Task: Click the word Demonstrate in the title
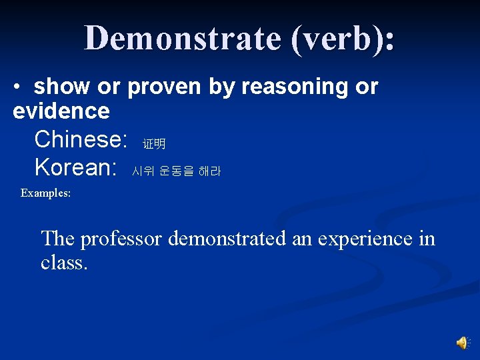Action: pyautogui.click(x=183, y=38)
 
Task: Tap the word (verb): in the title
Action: pyautogui.click(x=342, y=39)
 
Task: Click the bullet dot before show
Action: pyautogui.click(x=17, y=87)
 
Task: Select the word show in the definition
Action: pyautogui.click(x=61, y=86)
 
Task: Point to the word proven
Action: pyautogui.click(x=164, y=88)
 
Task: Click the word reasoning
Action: pyautogui.click(x=295, y=88)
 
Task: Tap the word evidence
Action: pyautogui.click(x=61, y=111)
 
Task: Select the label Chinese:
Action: pyautogui.click(x=81, y=139)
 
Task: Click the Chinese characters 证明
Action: pyautogui.click(x=154, y=143)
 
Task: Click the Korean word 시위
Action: pyautogui.click(x=143, y=171)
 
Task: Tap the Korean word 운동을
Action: pyautogui.click(x=177, y=171)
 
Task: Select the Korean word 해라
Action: pyautogui.click(x=209, y=171)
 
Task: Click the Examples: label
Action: pyautogui.click(x=45, y=193)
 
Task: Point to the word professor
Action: pyautogui.click(x=121, y=239)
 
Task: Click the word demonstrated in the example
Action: pyautogui.click(x=227, y=238)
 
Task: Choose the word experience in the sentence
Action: pyautogui.click(x=365, y=239)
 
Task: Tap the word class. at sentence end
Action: pyautogui.click(x=64, y=262)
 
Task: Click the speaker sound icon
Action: pyautogui.click(x=463, y=343)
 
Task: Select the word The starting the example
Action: pyautogui.click(x=57, y=238)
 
